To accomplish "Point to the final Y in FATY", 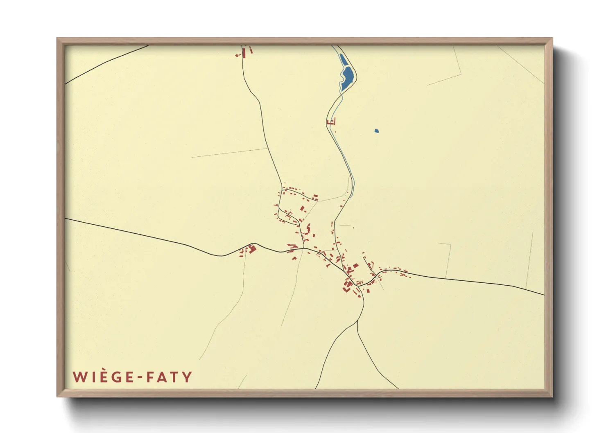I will point(187,377).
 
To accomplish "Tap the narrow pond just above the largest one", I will point(343,60).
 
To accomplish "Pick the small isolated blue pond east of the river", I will point(376,131).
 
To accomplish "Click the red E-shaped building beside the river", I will point(332,122).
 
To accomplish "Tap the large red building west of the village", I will point(252,248).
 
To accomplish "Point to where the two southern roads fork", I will point(357,321).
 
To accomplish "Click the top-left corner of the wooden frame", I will point(57,38).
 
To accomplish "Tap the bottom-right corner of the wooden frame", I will point(552,396).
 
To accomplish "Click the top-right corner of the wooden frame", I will point(552,38).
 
